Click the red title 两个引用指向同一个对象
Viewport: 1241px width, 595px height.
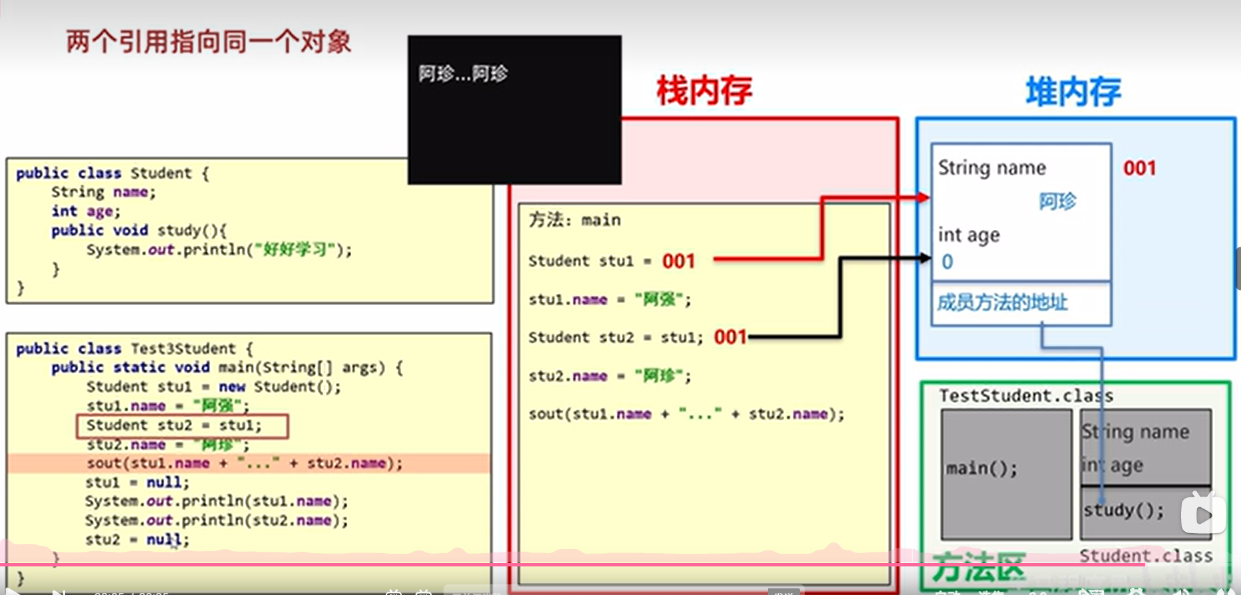click(x=208, y=42)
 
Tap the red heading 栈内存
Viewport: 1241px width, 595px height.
click(x=704, y=91)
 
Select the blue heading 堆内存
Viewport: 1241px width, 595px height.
click(x=1073, y=92)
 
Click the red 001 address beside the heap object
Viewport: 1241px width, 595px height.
click(x=1139, y=168)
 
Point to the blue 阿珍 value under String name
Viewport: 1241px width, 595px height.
click(x=1057, y=201)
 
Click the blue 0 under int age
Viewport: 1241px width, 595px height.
click(x=948, y=262)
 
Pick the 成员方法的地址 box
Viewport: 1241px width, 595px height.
click(x=1002, y=303)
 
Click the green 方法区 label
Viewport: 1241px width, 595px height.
click(x=978, y=567)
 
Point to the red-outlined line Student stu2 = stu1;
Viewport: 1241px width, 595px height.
click(x=182, y=426)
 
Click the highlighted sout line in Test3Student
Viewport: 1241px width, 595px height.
click(x=244, y=463)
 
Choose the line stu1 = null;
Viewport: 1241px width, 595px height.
click(x=137, y=483)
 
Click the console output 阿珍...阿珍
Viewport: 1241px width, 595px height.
click(x=463, y=74)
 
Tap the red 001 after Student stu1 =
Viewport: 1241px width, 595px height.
click(x=678, y=261)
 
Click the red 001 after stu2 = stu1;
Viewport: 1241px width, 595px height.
click(x=730, y=338)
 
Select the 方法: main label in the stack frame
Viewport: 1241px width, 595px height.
click(x=575, y=220)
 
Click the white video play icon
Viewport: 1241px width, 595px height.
click(x=1203, y=514)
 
